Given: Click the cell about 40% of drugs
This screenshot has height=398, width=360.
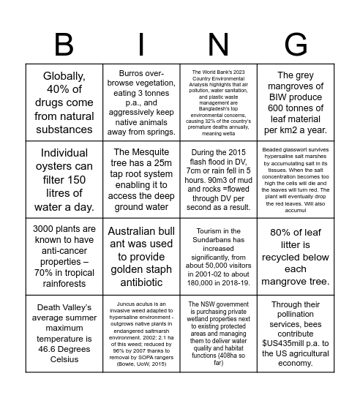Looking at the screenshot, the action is coord(64,102).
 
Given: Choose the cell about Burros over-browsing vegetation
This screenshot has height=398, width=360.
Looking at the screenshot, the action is coord(141,102).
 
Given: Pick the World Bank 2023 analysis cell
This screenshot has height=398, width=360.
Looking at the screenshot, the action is coord(218,102).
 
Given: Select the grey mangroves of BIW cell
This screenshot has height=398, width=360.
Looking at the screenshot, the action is coord(296,102).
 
